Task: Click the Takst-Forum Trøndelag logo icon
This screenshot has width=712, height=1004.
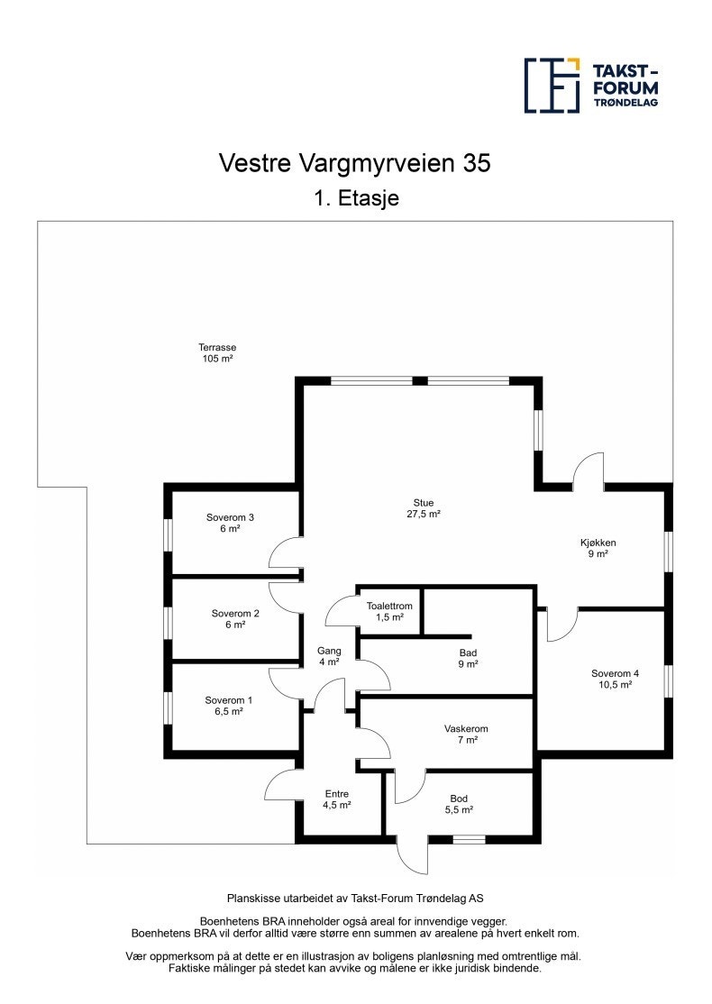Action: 552,86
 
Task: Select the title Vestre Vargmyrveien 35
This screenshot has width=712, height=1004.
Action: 356,162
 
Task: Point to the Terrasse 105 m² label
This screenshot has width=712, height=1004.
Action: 217,352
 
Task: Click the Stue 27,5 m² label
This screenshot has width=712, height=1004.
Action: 423,508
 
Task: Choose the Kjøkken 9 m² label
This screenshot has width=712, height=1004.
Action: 597,548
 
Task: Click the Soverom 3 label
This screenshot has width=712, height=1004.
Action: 230,523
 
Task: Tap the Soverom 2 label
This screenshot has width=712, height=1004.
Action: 235,619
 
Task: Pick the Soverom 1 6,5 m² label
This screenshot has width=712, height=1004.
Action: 229,706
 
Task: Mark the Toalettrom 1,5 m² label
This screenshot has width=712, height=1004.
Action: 389,611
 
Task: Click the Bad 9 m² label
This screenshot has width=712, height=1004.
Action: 467,658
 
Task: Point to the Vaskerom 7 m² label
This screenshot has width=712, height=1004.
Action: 466,734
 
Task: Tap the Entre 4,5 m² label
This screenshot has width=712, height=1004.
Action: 337,799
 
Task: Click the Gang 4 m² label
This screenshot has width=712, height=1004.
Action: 328,656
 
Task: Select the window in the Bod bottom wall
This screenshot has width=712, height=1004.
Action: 469,839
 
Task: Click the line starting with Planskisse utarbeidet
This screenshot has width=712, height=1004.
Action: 355,899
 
